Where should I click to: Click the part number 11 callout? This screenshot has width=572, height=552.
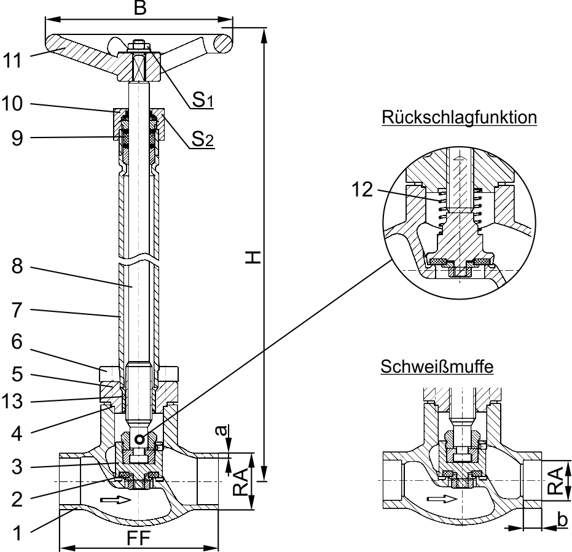[13, 61]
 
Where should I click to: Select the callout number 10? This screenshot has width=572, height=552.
[13, 104]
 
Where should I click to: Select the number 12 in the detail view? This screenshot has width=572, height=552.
[363, 190]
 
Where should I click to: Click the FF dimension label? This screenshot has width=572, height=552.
[139, 538]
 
